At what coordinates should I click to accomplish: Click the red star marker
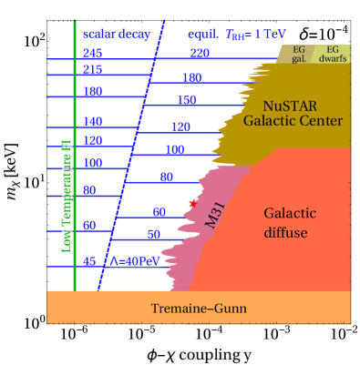[192, 203]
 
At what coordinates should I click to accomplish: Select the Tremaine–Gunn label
[198, 309]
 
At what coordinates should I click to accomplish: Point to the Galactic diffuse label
[290, 223]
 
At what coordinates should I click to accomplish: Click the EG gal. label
[298, 54]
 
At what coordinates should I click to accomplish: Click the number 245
[92, 54]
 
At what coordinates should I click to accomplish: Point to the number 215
[92, 70]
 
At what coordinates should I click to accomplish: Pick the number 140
[92, 121]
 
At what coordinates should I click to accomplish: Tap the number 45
[90, 261]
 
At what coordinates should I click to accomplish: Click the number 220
[201, 54]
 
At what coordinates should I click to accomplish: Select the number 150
[186, 100]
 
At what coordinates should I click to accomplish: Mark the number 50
[153, 234]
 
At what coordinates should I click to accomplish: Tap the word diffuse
[290, 233]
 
